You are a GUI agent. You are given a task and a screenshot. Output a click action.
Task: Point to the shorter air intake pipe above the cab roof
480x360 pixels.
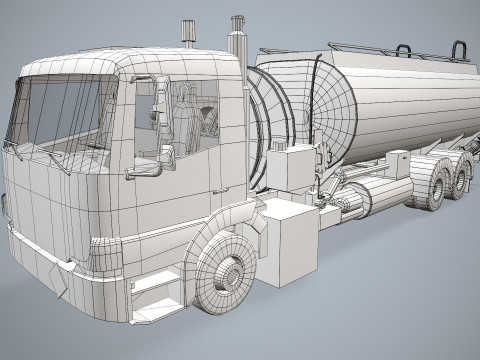(187, 34)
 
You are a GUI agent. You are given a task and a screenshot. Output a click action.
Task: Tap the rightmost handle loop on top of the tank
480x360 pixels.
(459, 49)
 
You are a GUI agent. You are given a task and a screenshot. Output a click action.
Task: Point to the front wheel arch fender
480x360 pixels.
(225, 225)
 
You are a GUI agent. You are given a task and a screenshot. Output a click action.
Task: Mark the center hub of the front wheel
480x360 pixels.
(231, 273)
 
